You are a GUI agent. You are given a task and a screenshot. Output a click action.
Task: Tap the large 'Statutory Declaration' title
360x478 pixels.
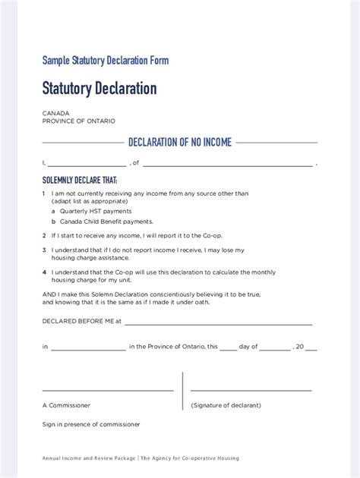click(x=99, y=89)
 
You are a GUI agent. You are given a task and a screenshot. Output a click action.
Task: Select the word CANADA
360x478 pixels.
click(x=56, y=113)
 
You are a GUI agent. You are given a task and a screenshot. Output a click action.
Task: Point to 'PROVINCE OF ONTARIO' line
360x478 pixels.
click(x=78, y=121)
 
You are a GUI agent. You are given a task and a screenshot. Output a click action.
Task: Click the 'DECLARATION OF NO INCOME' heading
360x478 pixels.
click(x=180, y=142)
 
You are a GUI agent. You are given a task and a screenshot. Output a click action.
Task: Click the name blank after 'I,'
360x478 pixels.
click(x=88, y=163)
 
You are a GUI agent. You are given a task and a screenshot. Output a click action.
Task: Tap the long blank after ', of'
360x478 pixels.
click(x=227, y=163)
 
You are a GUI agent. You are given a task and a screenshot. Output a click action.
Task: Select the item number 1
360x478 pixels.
click(x=44, y=193)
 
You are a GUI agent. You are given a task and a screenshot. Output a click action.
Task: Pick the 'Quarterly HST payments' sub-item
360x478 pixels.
click(x=96, y=211)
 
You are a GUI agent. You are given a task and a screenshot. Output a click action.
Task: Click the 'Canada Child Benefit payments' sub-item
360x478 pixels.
click(x=106, y=222)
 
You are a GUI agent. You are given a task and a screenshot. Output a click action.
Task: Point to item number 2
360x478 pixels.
click(x=44, y=235)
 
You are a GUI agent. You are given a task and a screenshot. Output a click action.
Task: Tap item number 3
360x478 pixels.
click(x=44, y=250)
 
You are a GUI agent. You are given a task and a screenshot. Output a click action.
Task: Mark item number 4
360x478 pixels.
click(x=44, y=271)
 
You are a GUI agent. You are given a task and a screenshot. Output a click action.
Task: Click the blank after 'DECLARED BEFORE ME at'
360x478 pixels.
click(x=218, y=322)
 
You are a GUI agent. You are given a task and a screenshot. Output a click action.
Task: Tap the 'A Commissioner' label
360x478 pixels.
click(x=66, y=405)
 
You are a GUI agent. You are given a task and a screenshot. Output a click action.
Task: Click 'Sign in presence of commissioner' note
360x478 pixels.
click(x=91, y=424)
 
